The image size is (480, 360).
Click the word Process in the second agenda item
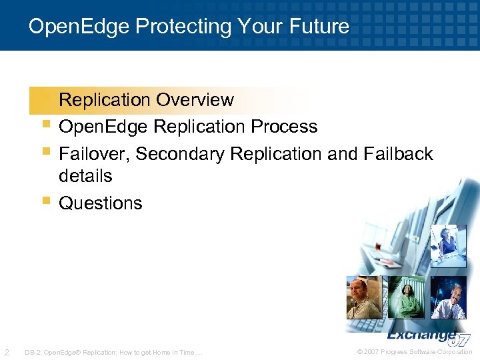click(x=286, y=127)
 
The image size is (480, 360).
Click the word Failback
click(x=399, y=154)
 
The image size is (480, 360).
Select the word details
click(x=85, y=177)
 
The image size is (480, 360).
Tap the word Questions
click(x=101, y=203)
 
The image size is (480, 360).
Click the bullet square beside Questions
click(x=45, y=201)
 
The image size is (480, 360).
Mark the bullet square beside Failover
click(x=45, y=151)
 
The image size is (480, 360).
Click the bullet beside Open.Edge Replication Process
click(x=45, y=124)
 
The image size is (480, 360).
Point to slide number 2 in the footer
click(x=7, y=352)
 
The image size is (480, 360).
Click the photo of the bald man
click(x=364, y=297)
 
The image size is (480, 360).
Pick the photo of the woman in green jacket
click(x=406, y=297)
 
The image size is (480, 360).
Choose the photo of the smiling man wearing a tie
click(x=449, y=297)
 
